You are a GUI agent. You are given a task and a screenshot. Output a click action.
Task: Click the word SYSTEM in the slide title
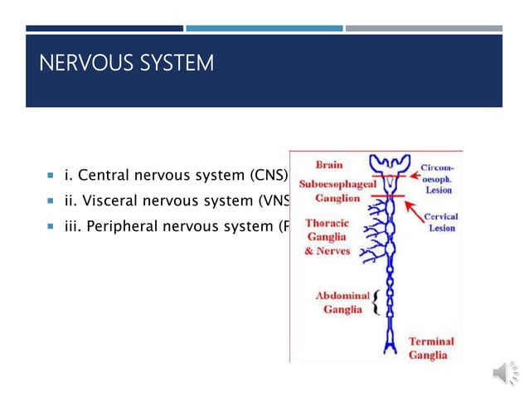pos(177,63)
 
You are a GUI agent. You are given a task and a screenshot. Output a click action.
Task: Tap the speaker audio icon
pos(503,374)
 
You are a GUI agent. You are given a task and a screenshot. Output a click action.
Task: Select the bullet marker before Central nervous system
pos(51,176)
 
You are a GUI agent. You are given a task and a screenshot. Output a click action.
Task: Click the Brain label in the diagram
pos(328,164)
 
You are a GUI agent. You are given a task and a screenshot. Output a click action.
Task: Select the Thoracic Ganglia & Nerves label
pos(328,237)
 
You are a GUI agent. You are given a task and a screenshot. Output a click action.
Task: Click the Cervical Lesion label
pos(443,223)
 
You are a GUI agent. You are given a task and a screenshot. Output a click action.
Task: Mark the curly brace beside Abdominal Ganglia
pos(376,302)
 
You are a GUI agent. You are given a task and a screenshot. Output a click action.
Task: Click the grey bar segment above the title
pos(424,28)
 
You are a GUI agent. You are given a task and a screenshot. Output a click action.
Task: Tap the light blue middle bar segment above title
pos(264,28)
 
